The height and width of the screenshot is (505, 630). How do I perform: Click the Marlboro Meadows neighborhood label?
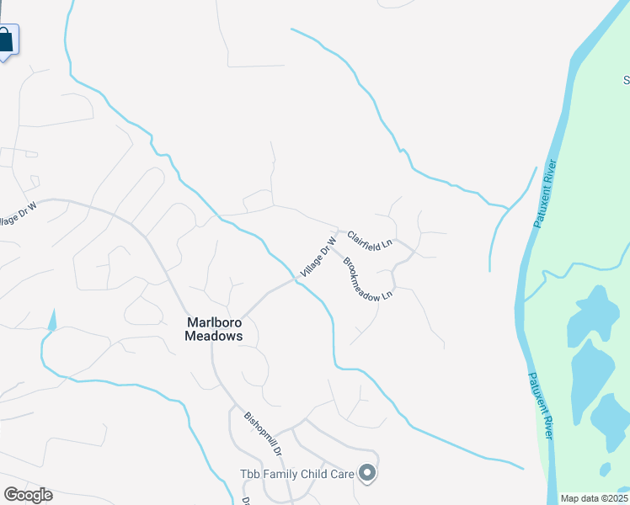(214, 328)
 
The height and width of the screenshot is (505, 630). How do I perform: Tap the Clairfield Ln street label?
(371, 239)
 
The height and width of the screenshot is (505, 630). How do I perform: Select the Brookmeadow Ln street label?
(368, 277)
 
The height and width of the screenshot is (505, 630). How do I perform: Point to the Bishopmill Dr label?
(263, 434)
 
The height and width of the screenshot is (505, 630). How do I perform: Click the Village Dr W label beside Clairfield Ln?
(318, 258)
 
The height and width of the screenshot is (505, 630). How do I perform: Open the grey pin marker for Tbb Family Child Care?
(366, 474)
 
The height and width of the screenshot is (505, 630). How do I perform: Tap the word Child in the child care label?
(317, 474)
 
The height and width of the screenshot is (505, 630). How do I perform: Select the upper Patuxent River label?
(546, 193)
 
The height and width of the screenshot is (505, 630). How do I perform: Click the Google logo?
(28, 495)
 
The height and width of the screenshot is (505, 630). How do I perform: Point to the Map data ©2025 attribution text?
(594, 498)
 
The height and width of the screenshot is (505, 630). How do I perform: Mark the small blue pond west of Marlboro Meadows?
(52, 320)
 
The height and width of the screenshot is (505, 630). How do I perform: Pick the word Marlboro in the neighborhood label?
(214, 321)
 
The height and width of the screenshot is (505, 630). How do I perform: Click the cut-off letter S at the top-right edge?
(626, 81)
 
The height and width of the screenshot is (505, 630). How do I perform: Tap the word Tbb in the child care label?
(248, 474)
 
